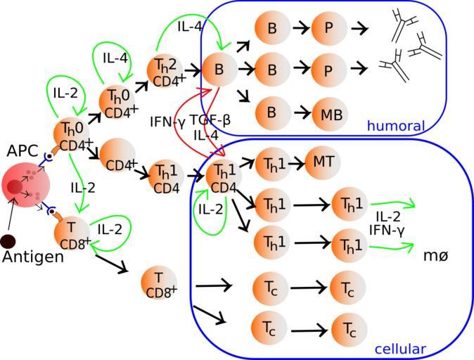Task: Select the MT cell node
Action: [324, 162]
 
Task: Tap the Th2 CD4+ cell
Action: [166, 72]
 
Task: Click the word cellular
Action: [399, 349]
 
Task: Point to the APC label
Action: [22, 151]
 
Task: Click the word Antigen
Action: [33, 257]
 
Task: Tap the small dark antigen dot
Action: [8, 242]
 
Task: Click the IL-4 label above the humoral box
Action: [191, 27]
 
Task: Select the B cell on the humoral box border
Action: [219, 70]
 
